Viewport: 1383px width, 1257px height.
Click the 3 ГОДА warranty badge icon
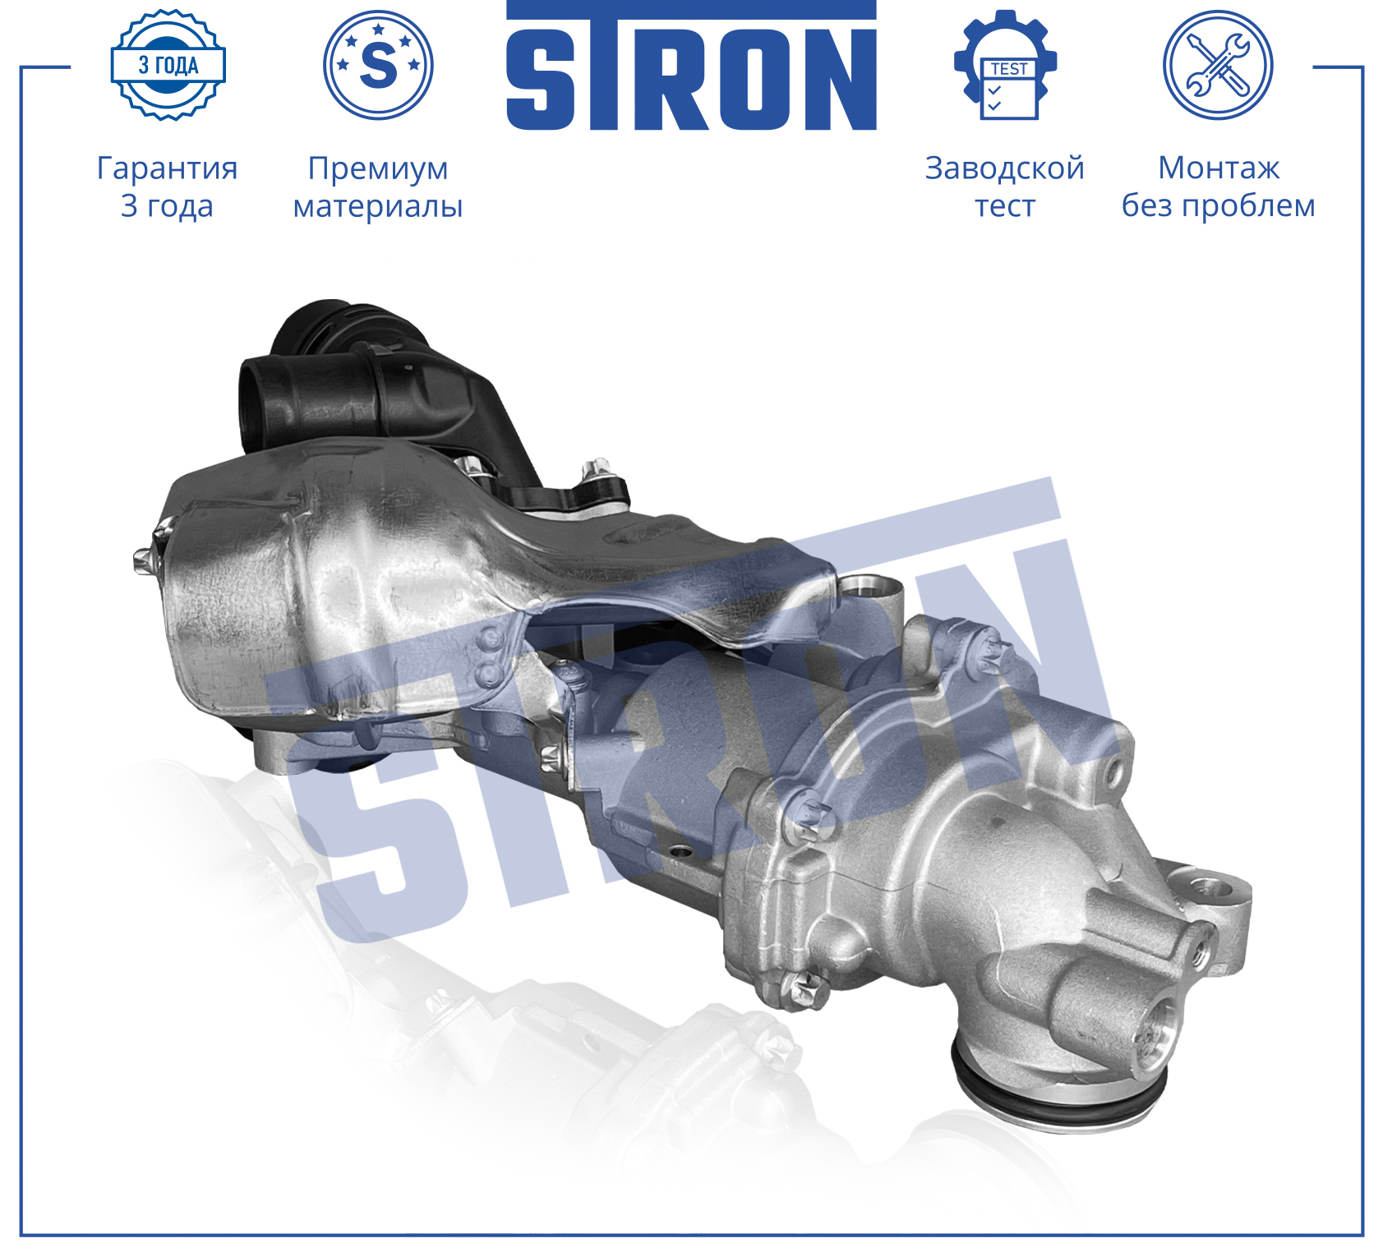168,65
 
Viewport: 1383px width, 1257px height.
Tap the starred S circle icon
378,65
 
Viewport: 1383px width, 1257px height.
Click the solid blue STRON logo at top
691,67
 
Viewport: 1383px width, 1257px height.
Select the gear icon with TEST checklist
1005,65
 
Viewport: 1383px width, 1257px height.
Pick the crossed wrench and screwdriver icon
1217,65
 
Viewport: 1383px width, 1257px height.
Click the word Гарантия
167,168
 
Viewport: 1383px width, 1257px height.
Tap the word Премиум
378,168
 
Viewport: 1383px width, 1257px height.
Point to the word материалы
378,206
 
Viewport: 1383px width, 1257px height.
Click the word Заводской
1005,168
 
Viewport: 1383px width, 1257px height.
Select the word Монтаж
1219,168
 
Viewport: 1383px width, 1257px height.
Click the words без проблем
1219,206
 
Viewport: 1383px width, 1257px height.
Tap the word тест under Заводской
1005,206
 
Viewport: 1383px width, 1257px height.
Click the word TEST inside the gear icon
1008,69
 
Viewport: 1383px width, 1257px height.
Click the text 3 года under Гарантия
167,206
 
